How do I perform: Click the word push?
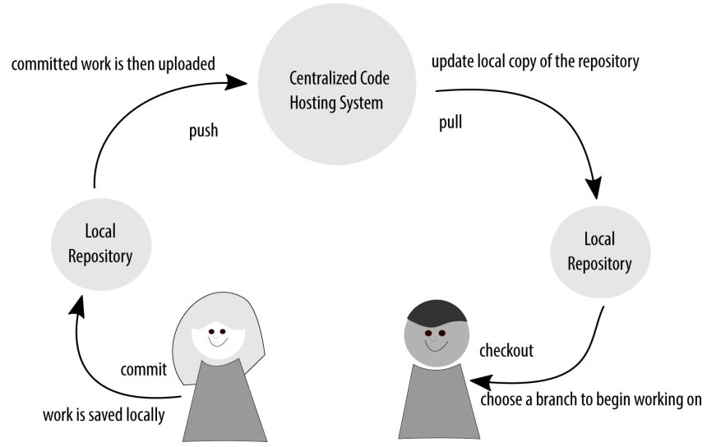(202, 130)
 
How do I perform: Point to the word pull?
(451, 125)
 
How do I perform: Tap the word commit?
(144, 369)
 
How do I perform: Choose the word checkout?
(506, 351)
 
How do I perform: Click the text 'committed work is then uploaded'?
(113, 63)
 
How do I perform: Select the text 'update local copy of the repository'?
(535, 62)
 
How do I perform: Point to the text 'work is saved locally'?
(104, 414)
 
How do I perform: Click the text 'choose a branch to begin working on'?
(590, 400)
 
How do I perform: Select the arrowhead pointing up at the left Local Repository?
(76, 306)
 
